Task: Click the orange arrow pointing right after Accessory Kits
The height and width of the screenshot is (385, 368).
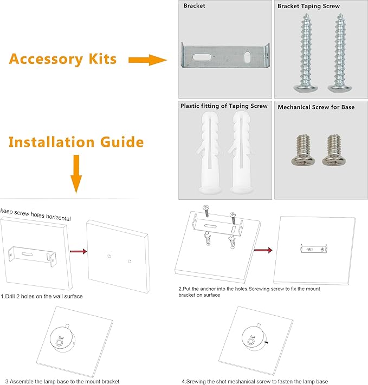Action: pos(147,60)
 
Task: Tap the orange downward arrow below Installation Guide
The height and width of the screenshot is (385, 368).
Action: pos(76,174)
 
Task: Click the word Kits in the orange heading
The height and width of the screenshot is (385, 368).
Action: pos(102,59)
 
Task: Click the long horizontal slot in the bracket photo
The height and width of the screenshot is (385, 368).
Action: pos(202,57)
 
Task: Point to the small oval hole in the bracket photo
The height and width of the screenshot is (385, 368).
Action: pos(247,57)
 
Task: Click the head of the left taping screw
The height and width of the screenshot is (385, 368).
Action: pos(302,88)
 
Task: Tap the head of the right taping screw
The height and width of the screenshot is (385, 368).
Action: pos(337,88)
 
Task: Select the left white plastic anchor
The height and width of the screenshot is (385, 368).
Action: pos(209,152)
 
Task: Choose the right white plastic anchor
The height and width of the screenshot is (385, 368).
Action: pos(241,152)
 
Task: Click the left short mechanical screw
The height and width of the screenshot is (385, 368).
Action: pos(304,150)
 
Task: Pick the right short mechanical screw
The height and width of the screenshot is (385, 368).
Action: pos(334,150)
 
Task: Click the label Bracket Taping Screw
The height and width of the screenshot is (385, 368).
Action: pos(308,6)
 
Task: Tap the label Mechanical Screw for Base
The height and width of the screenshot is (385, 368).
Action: pos(316,107)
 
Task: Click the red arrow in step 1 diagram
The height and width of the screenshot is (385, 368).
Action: pos(79,251)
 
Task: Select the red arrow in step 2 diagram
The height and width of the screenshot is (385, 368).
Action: pos(263,250)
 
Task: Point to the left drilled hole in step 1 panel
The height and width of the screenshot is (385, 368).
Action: pos(109,256)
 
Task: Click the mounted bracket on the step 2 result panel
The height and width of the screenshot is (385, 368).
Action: pos(314,248)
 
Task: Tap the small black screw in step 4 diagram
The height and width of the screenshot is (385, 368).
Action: pos(267,342)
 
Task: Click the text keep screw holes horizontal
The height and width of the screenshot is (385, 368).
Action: pos(36,214)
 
